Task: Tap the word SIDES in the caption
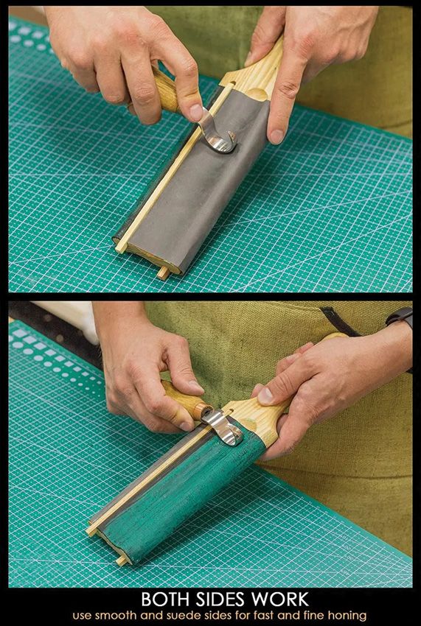(219, 599)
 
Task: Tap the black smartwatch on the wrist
(400, 317)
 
